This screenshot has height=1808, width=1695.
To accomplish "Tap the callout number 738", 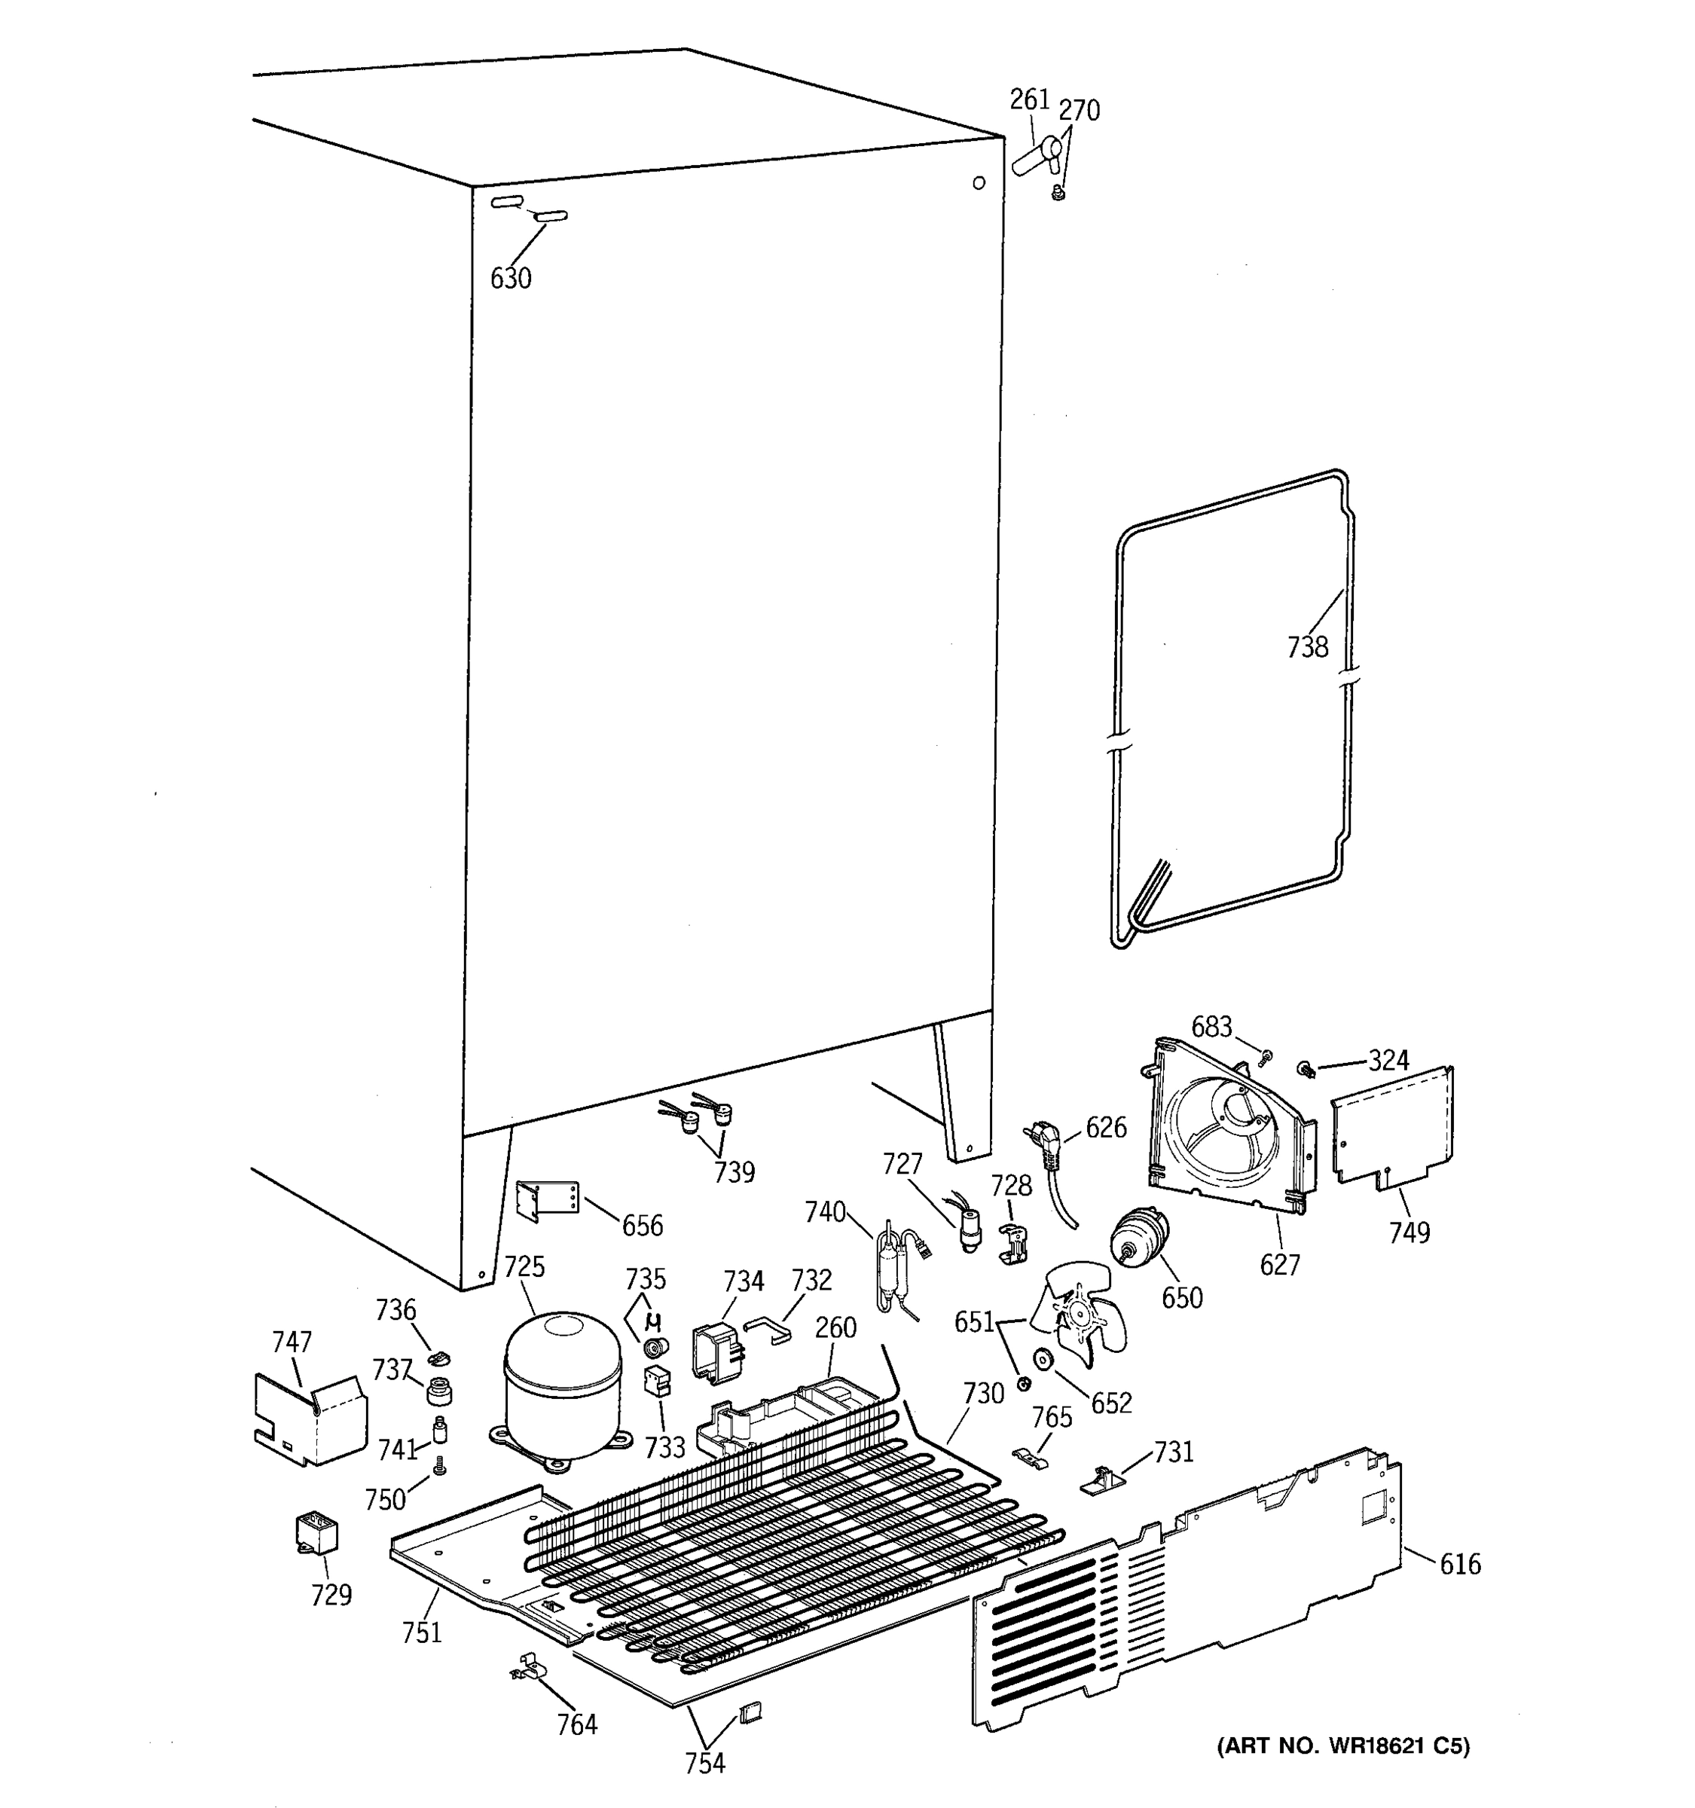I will coord(1307,648).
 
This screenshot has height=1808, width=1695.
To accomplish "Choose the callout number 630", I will coord(510,278).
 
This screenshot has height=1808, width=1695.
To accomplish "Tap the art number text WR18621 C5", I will coord(1343,1745).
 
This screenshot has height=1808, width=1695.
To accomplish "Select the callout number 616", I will coord(1459,1564).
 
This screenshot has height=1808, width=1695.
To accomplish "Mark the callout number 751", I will coord(422,1632).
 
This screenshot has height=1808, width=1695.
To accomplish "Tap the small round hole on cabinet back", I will coord(979,183).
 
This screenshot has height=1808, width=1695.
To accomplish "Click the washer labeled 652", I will coord(1042,1360).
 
